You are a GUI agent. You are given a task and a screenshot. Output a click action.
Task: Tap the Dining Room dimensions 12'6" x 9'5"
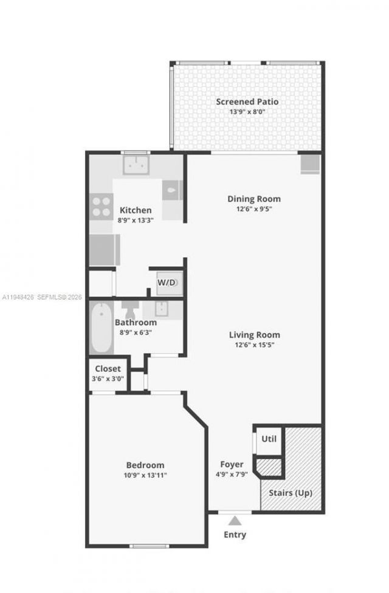[x=254, y=209]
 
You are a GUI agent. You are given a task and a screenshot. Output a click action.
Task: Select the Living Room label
[x=254, y=335]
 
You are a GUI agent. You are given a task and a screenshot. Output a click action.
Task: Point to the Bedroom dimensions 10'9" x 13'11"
[x=145, y=475]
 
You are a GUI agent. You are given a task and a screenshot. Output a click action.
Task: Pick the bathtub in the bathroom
[x=102, y=328]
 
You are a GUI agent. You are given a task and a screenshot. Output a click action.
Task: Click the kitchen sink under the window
[x=137, y=165]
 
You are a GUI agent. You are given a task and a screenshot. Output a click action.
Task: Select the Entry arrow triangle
[x=235, y=521]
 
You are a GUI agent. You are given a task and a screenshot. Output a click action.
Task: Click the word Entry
[x=235, y=535]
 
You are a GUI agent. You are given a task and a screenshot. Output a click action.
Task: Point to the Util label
[x=269, y=438]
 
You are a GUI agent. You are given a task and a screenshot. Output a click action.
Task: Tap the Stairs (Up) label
[x=291, y=493]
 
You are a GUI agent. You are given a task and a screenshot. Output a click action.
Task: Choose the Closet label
[x=107, y=368]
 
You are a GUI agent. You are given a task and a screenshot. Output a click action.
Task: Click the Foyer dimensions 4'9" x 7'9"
[x=232, y=475]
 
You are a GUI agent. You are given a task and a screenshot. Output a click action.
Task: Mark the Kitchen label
[x=136, y=210]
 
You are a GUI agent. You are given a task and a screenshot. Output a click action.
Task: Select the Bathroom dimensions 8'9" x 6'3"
[x=136, y=332]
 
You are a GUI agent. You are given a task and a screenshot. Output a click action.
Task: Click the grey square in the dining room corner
[x=309, y=164]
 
